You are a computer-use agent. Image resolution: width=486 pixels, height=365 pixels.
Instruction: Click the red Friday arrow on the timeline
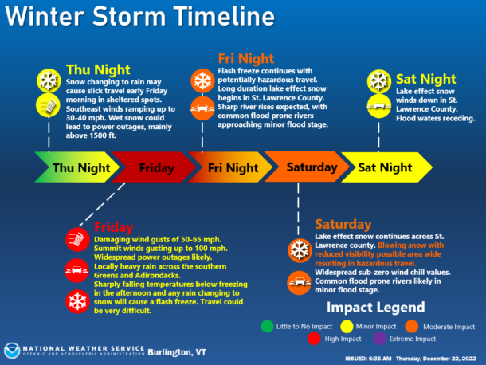(154, 167)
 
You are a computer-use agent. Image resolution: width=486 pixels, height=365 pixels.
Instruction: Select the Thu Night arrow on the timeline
(76, 167)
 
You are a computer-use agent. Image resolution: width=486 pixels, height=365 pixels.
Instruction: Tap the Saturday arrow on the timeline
(307, 167)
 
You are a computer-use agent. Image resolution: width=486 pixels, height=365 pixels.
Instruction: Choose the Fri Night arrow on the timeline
(230, 167)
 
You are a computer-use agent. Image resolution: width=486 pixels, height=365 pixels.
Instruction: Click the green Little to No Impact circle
(267, 326)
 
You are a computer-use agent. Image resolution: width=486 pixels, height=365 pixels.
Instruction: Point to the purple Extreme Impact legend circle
(380, 339)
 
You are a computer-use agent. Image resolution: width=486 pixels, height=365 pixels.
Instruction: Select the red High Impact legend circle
(314, 339)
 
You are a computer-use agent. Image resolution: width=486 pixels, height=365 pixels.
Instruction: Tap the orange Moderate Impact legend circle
(412, 326)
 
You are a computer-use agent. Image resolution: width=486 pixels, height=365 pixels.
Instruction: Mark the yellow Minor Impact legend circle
(347, 326)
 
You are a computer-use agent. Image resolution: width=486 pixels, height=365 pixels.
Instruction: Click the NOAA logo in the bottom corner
(12, 351)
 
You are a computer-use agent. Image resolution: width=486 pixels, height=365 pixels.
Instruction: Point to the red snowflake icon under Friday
(77, 302)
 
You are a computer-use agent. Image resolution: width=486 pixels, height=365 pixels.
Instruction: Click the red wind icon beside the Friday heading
(77, 239)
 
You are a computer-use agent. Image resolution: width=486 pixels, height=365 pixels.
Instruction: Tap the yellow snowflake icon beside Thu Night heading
(49, 80)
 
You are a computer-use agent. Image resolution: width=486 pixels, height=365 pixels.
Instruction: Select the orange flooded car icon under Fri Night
(202, 108)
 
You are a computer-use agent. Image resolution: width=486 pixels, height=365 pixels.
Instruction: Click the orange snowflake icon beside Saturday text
(300, 250)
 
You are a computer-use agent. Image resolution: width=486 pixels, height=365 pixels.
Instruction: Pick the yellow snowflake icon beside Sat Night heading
(379, 81)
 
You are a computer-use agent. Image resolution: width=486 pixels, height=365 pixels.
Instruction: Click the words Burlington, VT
(177, 352)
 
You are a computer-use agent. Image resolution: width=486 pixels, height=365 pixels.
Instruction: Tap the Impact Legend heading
(376, 308)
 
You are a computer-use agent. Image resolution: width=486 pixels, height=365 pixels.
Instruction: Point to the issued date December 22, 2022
(449, 359)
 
